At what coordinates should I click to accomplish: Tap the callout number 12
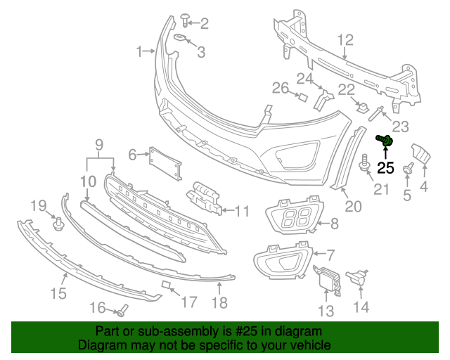tap(345, 40)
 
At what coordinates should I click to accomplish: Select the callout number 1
tap(140, 51)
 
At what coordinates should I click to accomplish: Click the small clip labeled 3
tap(180, 39)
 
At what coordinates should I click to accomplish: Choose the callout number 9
tap(99, 146)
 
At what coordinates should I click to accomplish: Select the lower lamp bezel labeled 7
tap(281, 260)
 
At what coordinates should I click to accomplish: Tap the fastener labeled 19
tap(58, 224)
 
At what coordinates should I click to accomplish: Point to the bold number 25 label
tap(386, 167)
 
